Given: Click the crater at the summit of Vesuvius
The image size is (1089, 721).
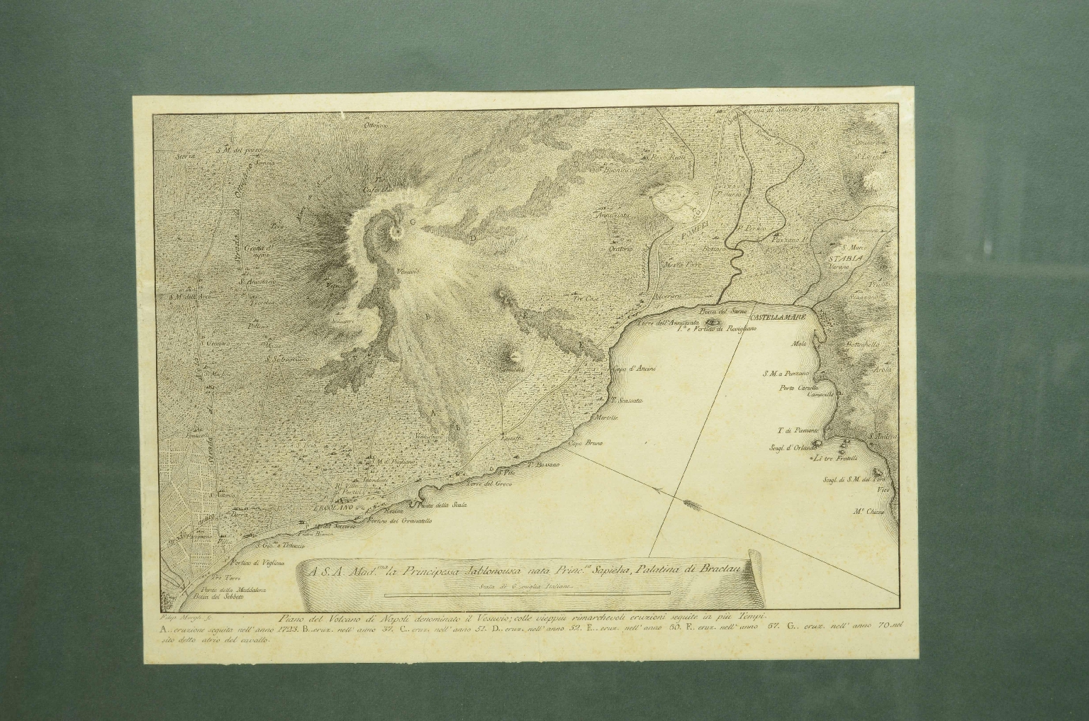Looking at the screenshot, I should [x=395, y=233].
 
